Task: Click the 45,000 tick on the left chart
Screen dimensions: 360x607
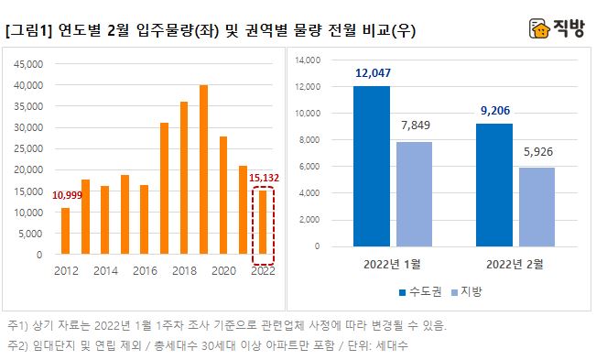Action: click(x=29, y=64)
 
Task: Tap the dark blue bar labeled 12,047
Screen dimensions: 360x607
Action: click(x=372, y=166)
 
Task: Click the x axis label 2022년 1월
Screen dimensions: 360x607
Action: click(x=395, y=265)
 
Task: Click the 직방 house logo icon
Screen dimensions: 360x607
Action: click(x=540, y=29)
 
